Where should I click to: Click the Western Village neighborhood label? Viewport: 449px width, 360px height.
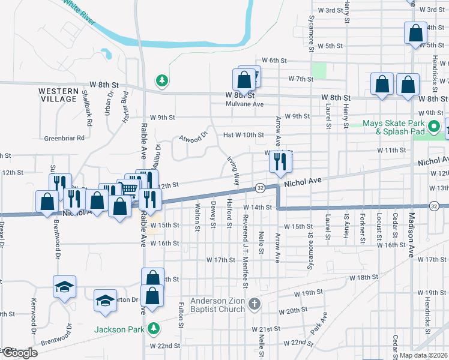pyautogui.click(x=58, y=95)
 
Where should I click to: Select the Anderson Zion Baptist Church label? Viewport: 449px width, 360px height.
pyautogui.click(x=217, y=305)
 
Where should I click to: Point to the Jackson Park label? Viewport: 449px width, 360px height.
pyautogui.click(x=119, y=329)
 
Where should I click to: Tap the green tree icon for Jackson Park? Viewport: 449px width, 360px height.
pyautogui.click(x=153, y=328)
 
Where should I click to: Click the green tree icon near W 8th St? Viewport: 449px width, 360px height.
pyautogui.click(x=161, y=80)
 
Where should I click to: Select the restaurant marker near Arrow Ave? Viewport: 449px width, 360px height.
pyautogui.click(x=280, y=161)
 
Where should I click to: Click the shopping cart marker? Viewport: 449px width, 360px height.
pyautogui.click(x=130, y=189)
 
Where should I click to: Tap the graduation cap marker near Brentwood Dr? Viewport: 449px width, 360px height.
pyautogui.click(x=64, y=286)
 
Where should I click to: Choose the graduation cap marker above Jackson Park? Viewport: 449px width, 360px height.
pyautogui.click(x=105, y=300)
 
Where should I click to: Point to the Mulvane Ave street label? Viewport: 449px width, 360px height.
pyautogui.click(x=245, y=104)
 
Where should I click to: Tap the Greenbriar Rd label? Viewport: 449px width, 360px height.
pyautogui.click(x=64, y=137)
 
